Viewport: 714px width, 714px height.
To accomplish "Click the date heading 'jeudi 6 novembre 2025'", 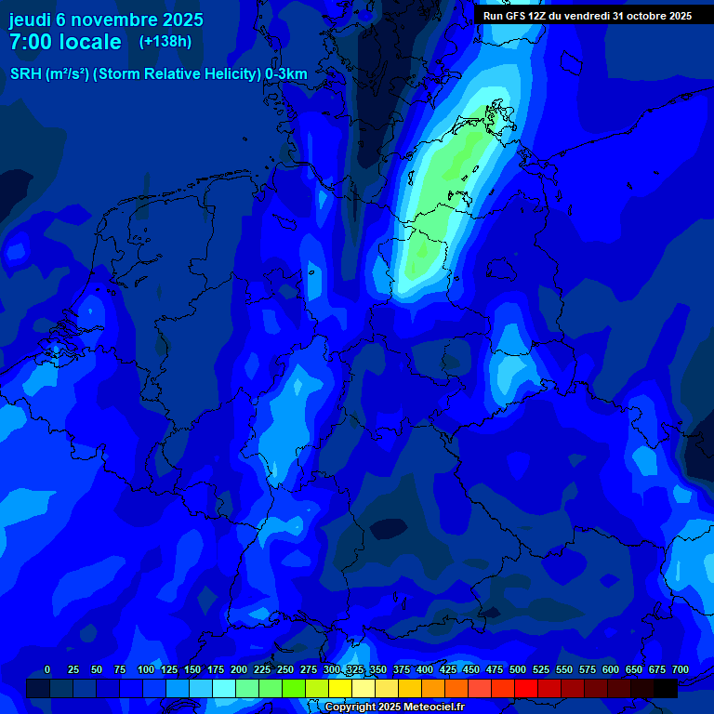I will [106, 20].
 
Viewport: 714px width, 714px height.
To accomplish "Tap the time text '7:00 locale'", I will [65, 42].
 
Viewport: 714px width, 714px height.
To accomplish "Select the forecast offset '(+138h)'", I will [165, 41].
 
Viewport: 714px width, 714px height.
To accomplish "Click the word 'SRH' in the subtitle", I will [26, 74].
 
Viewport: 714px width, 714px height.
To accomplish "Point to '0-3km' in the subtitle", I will [286, 74].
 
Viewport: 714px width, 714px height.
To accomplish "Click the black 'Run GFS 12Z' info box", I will [588, 16].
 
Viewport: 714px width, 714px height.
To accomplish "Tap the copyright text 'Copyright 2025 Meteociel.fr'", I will [394, 707].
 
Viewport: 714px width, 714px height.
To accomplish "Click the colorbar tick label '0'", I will [47, 669].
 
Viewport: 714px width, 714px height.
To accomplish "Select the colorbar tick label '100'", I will [146, 669].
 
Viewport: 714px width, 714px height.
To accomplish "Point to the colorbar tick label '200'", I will [239, 669].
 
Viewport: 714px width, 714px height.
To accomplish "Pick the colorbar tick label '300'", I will [332, 669].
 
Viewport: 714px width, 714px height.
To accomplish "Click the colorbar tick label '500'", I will [518, 669].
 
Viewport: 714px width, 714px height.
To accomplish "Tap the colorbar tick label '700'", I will [681, 669].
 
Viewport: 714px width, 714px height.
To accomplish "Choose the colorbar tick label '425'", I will [448, 669].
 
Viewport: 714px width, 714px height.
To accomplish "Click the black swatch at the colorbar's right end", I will [666, 688].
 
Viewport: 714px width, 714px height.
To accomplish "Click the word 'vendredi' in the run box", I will [587, 16].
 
